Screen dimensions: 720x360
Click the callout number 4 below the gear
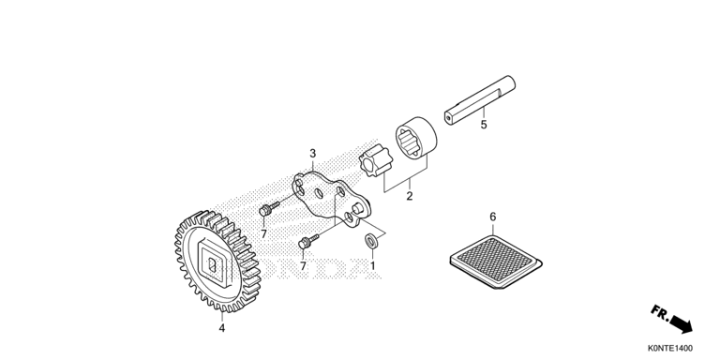[222, 328]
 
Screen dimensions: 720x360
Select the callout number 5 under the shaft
[484, 125]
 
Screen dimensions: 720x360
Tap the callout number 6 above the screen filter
[493, 217]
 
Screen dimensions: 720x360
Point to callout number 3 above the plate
[313, 153]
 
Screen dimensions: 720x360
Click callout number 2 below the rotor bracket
[409, 196]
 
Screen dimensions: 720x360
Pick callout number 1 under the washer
[372, 265]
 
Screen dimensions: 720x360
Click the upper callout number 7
[263, 234]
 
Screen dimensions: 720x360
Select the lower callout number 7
[303, 266]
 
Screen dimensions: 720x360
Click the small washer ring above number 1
[370, 240]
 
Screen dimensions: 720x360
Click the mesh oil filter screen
[495, 262]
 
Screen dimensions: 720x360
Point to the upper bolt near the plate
[269, 209]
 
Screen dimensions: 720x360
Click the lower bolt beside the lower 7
[308, 242]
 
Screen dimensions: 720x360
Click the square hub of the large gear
[212, 264]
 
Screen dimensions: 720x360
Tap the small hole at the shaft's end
[449, 117]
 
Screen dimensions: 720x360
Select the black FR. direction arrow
[681, 323]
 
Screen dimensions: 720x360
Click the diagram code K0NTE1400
[670, 349]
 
